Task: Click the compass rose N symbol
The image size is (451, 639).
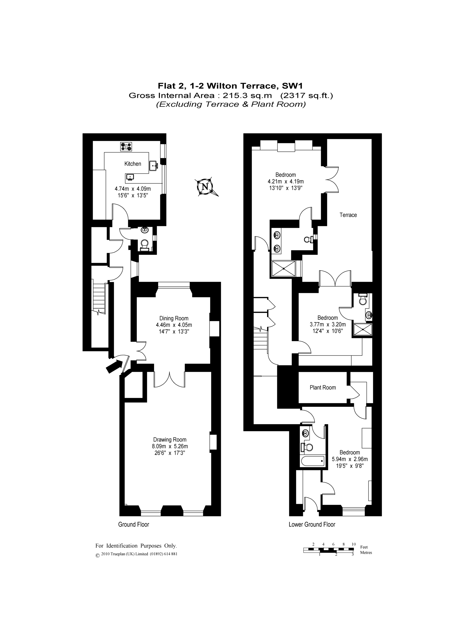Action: [205, 186]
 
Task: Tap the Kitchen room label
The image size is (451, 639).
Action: [133, 164]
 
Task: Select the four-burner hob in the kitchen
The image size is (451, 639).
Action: [126, 147]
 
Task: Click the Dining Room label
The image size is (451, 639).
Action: [174, 318]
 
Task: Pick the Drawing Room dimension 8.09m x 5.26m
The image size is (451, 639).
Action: [170, 446]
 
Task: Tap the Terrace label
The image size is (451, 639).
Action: [348, 215]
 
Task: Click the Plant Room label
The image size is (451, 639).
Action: [323, 387]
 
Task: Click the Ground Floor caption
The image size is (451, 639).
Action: [134, 525]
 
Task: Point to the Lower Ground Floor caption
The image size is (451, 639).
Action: [312, 525]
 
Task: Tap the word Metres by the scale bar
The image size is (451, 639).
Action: [366, 552]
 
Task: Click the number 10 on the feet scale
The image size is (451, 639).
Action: [354, 544]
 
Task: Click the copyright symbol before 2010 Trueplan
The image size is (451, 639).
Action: [97, 556]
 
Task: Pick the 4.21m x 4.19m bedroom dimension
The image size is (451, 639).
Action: [285, 181]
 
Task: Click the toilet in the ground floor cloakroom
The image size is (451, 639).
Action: [144, 244]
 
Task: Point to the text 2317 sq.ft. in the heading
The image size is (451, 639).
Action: [307, 95]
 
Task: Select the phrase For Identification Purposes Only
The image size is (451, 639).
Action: [136, 545]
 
